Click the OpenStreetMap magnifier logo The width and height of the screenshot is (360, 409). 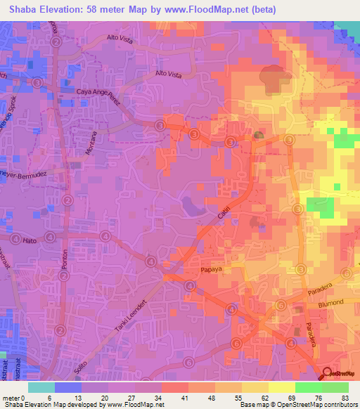coord(328,374)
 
